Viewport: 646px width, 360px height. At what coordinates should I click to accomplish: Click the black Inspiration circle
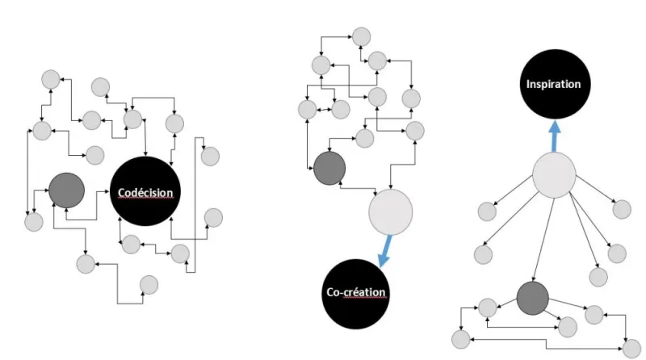coord(554,84)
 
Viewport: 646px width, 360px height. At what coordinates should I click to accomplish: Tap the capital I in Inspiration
coord(528,84)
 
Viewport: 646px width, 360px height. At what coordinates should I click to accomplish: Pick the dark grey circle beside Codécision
coord(67,190)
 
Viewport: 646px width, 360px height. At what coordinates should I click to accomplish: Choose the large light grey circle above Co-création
coord(391,211)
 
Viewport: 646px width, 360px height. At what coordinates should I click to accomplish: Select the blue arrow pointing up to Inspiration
coord(554,134)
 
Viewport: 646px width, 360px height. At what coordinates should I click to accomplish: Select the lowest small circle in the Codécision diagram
coord(149,284)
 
